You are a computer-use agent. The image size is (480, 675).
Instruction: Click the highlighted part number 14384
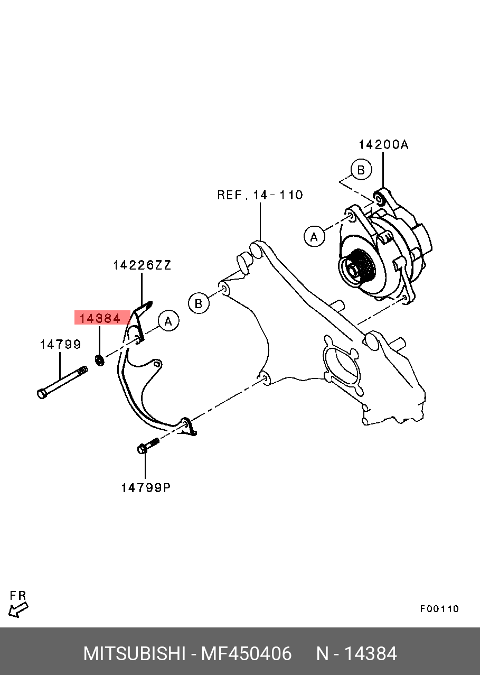click(100, 318)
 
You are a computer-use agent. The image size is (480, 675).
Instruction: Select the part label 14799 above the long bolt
click(61, 344)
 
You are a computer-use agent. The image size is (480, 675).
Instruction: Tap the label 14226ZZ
click(142, 265)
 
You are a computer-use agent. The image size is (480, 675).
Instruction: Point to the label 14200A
click(384, 145)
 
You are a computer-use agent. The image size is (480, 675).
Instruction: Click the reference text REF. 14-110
click(260, 195)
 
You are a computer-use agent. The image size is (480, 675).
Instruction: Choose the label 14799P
click(146, 487)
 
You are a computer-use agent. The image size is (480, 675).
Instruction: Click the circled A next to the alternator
click(314, 237)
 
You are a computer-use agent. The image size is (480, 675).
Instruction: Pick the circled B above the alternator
click(361, 170)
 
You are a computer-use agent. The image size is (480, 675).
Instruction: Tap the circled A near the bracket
click(168, 321)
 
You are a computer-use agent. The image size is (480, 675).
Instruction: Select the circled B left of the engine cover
click(199, 303)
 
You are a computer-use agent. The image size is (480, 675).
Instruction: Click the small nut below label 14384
click(99, 360)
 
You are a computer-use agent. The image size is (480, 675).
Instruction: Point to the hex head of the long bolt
click(42, 394)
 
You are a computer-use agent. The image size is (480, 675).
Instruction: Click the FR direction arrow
click(18, 610)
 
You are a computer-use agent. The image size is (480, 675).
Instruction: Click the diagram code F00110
click(439, 607)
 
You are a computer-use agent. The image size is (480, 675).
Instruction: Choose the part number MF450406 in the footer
click(246, 652)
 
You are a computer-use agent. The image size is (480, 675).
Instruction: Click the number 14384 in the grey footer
click(370, 652)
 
